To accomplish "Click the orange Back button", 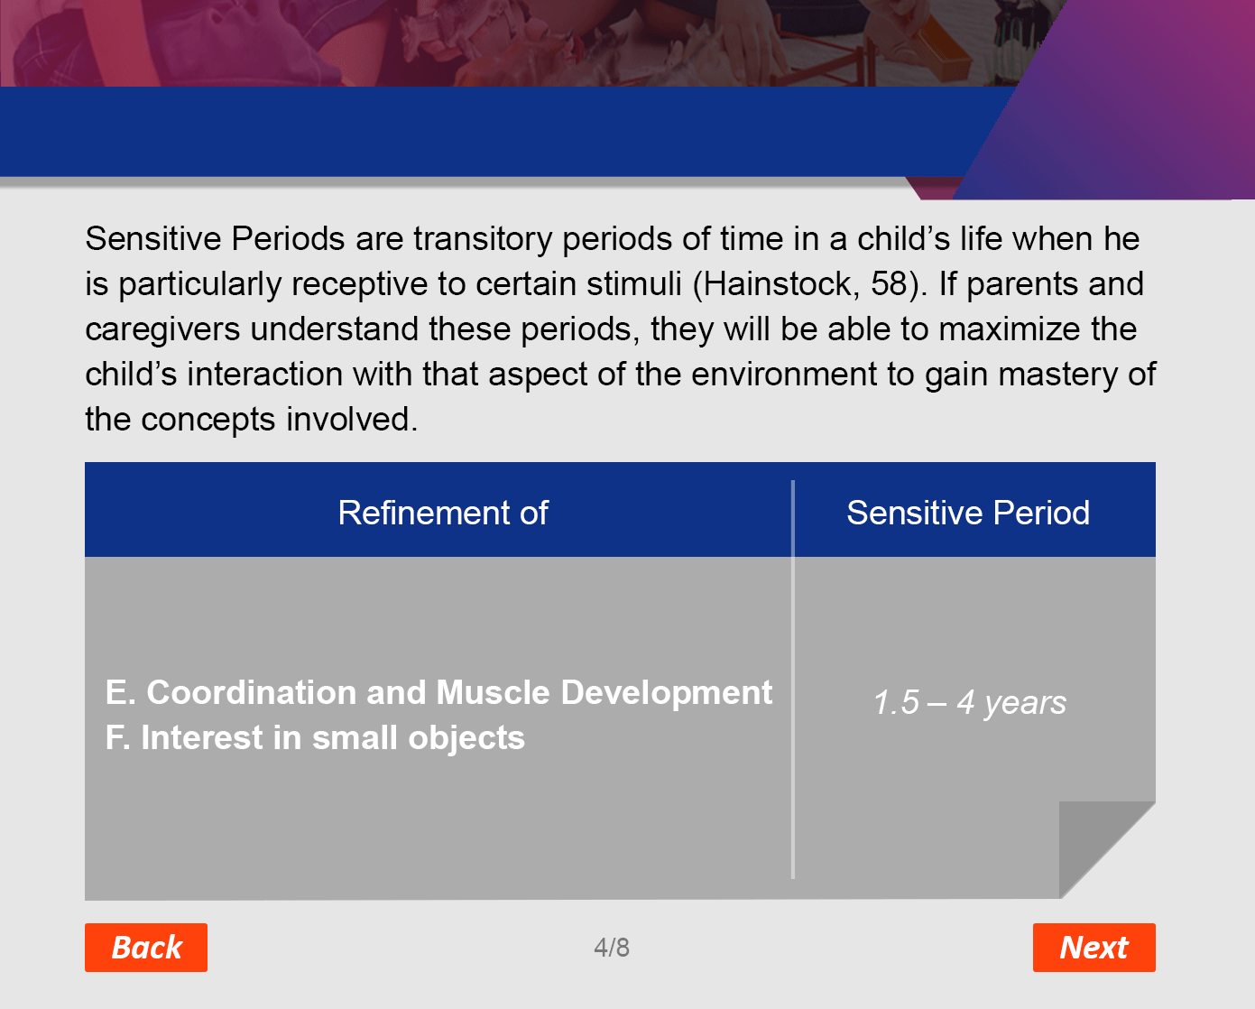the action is click(146, 947).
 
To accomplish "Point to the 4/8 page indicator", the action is click(612, 948).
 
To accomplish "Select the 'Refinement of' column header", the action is click(443, 513).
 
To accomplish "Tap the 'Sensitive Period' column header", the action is click(968, 513).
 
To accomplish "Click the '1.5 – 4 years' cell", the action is click(970, 702).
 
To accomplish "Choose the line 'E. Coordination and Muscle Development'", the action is click(438, 693).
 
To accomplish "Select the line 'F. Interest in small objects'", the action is click(315, 737).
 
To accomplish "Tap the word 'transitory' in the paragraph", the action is click(483, 239).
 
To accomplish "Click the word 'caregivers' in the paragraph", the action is click(162, 329).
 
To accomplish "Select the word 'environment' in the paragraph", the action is click(784, 374).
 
